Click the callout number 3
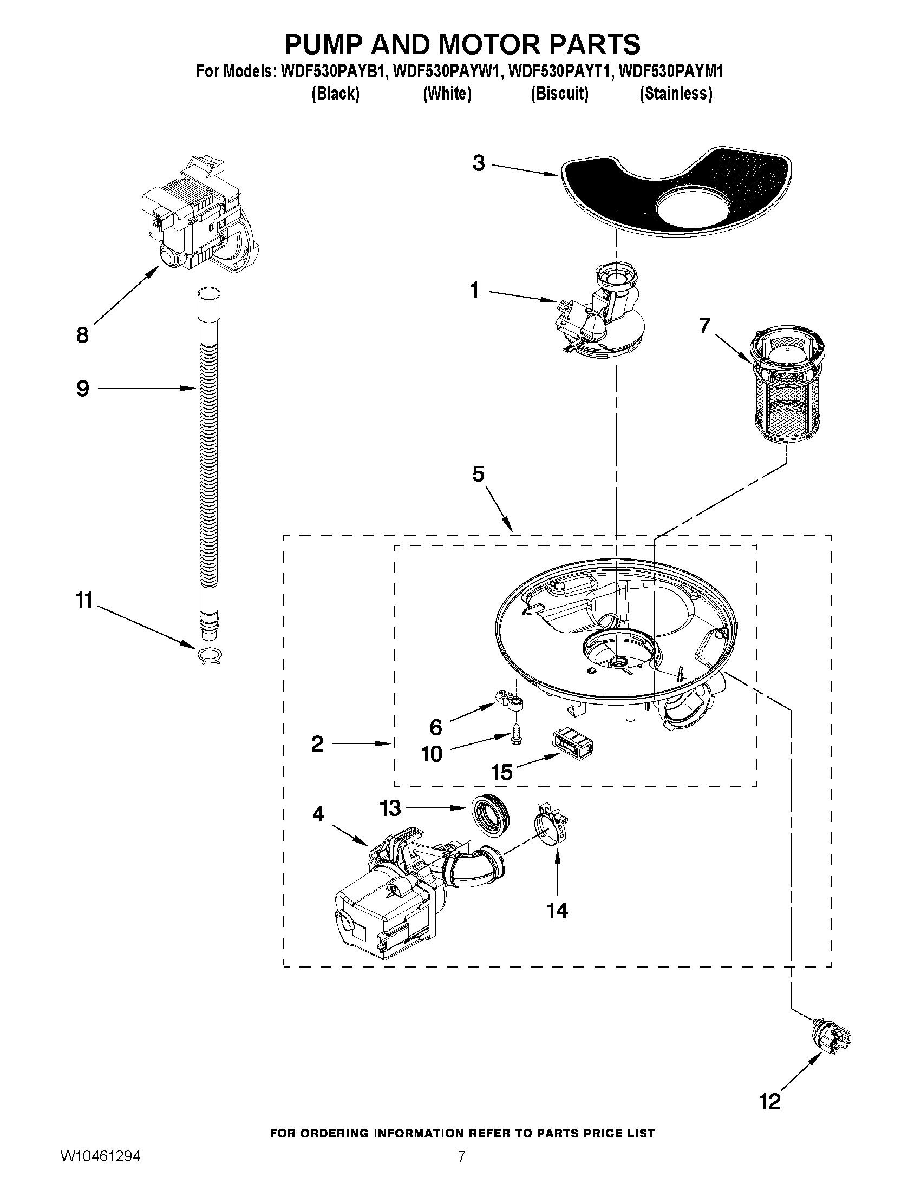tap(478, 162)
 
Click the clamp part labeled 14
tap(550, 827)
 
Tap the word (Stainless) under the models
tap(676, 94)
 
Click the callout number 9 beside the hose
tap(83, 389)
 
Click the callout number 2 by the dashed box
tap(317, 743)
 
